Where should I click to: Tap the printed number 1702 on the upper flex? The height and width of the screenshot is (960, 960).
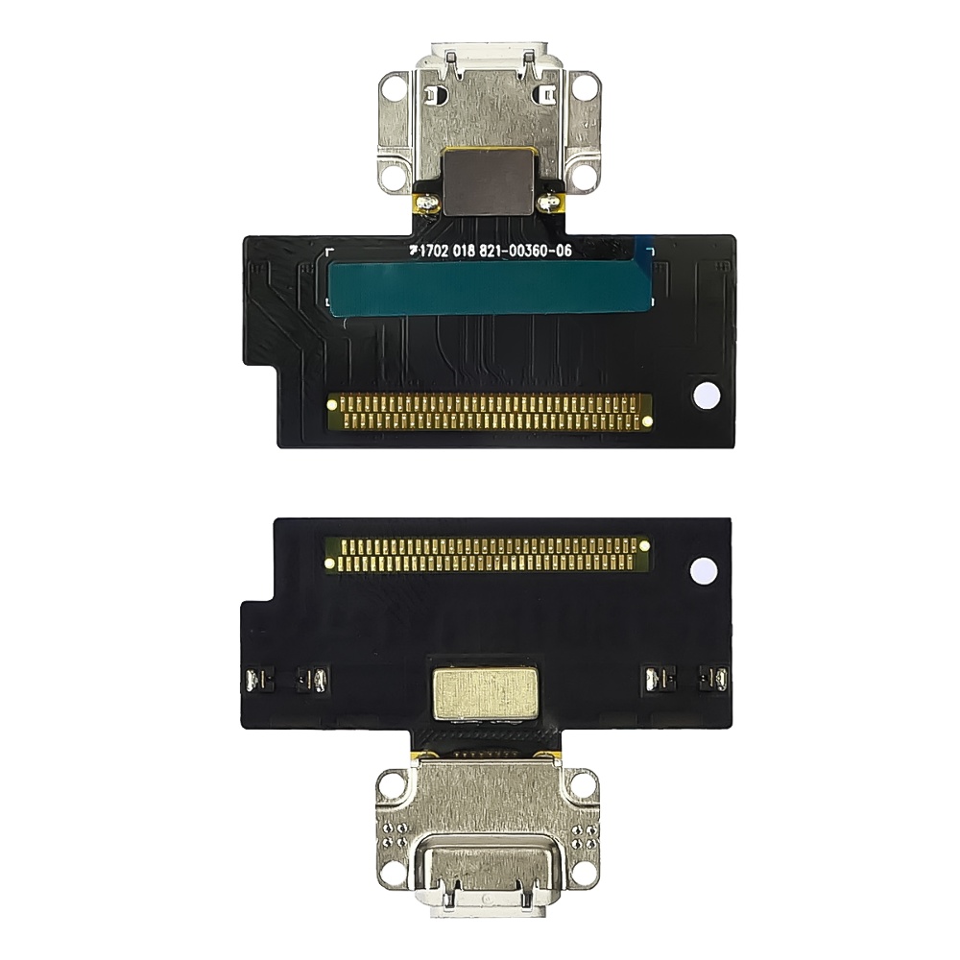[x=435, y=250]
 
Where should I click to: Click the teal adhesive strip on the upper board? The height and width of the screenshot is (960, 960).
[x=490, y=289]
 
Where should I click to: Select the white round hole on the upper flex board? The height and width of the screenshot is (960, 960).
[x=705, y=396]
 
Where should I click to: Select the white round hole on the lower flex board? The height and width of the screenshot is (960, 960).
[x=703, y=570]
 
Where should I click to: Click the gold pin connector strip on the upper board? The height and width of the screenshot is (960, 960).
[x=490, y=412]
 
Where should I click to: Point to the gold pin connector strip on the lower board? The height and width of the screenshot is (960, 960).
[x=488, y=554]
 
